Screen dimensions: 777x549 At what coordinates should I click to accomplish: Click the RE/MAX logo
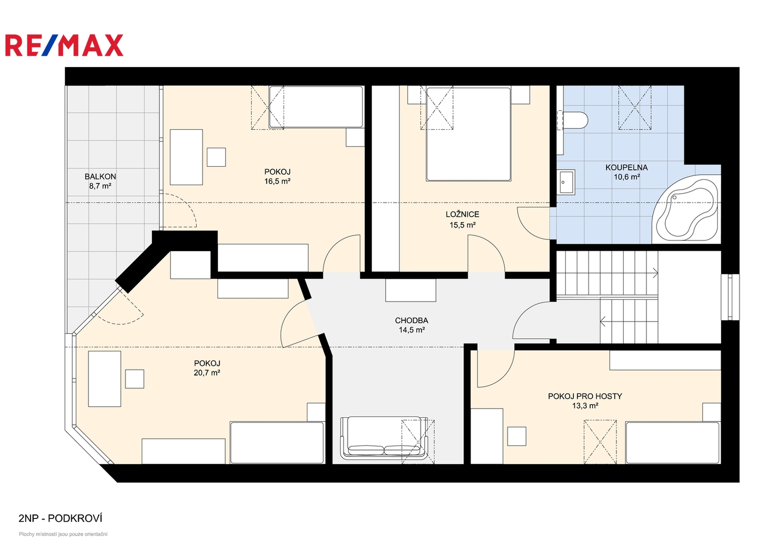[64, 45]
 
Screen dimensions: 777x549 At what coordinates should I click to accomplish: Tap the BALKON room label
[100, 176]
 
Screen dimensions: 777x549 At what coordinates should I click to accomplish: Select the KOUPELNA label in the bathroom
[627, 168]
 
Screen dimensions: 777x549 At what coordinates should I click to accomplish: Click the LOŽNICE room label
[462, 215]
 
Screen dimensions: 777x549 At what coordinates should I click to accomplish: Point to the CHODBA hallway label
[412, 321]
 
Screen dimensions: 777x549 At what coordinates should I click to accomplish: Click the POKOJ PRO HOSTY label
[585, 396]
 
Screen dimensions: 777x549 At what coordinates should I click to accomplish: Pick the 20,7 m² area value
[207, 373]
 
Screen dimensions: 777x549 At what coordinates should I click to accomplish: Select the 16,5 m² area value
[277, 181]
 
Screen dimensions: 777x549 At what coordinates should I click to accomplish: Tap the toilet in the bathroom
[574, 120]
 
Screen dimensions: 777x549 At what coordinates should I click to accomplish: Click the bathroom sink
[566, 181]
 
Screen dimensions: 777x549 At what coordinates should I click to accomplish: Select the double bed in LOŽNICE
[469, 134]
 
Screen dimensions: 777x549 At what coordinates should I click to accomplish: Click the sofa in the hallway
[384, 437]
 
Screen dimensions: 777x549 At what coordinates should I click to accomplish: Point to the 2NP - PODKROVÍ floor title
[60, 518]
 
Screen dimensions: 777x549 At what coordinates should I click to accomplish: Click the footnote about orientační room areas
[63, 534]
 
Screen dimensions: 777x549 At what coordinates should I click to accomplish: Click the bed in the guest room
[673, 442]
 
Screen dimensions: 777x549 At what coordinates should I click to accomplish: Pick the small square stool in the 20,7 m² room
[135, 379]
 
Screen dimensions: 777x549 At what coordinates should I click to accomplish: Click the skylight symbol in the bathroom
[635, 108]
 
